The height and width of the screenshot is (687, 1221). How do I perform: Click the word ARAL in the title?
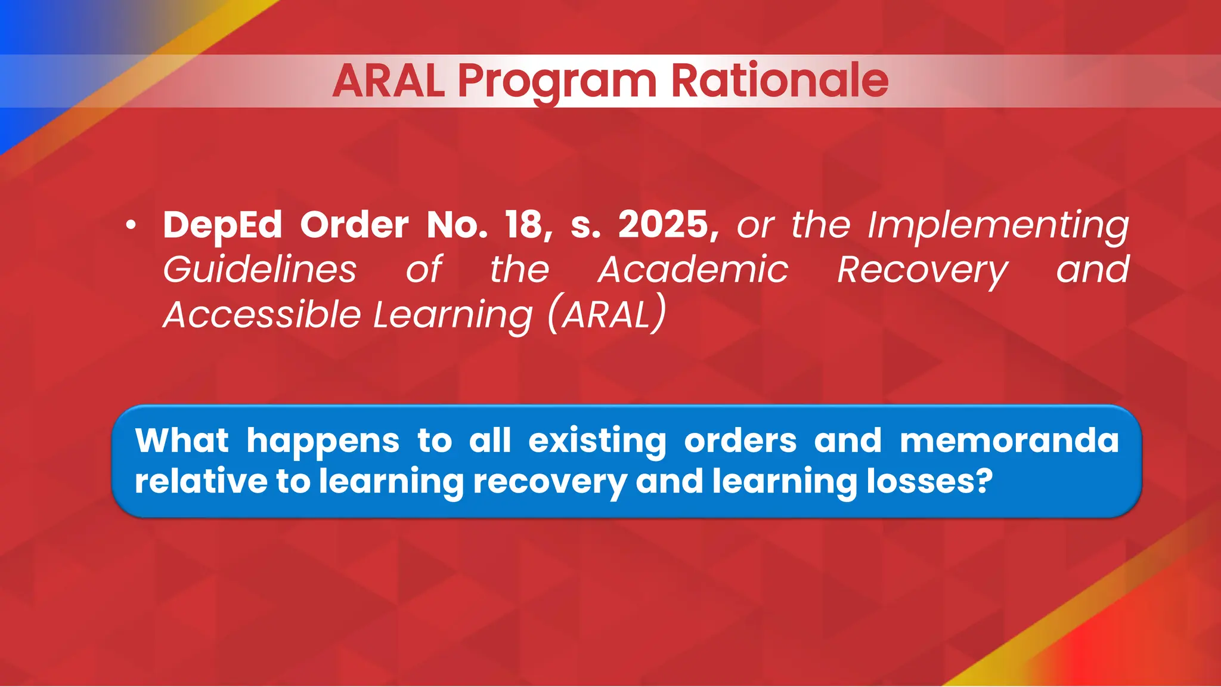[389, 81]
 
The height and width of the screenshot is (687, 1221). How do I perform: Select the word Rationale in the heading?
[780, 81]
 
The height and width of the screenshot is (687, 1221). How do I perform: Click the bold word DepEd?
[222, 225]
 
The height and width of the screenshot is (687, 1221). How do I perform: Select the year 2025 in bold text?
[663, 225]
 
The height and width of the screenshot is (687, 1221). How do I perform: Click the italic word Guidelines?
[260, 270]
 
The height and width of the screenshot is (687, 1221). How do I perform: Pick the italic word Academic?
[693, 270]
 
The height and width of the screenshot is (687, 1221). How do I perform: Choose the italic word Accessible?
[262, 315]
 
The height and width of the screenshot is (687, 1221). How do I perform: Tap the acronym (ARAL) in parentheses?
[606, 314]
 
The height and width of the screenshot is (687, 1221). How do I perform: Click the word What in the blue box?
[182, 441]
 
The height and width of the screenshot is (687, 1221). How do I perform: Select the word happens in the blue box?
[323, 442]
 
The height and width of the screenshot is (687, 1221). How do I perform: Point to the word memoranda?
[1009, 441]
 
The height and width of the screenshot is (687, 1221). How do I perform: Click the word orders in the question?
[740, 441]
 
